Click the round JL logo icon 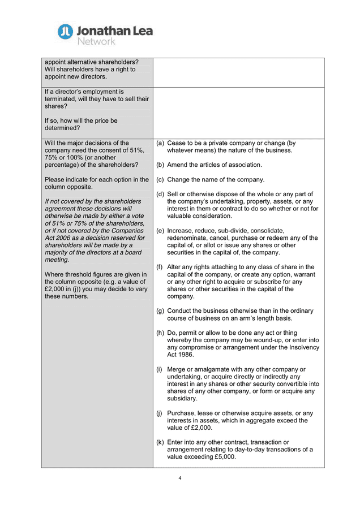coord(65,32)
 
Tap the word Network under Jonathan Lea coord(96,41)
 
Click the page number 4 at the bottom coord(180,478)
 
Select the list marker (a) coord(160,143)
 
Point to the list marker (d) coord(160,194)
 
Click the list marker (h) coord(160,333)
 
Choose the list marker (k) coord(160,442)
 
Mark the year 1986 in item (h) coord(186,355)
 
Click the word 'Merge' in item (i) coord(178,369)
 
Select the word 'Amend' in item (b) coord(178,165)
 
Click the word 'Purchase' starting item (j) coord(182,413)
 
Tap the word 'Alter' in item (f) coord(175,267)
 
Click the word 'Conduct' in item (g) coord(181,311)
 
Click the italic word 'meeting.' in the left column coord(57,260)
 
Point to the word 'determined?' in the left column coord(62,128)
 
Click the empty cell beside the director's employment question coord(238,113)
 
